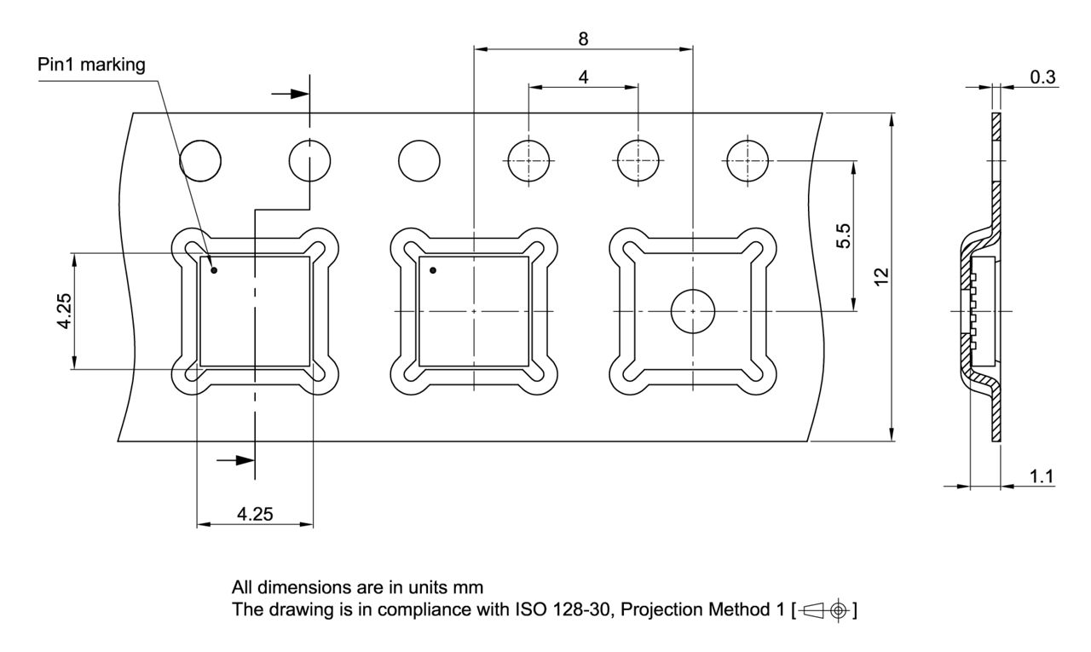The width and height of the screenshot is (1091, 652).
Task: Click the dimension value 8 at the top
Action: tap(583, 38)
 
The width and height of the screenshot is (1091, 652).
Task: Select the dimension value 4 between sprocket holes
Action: tap(583, 76)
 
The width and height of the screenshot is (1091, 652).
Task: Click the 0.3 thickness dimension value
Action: tap(1042, 77)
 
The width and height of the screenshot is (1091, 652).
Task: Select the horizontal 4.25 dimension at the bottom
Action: tap(255, 515)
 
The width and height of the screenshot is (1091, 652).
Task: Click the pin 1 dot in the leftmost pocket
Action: tap(214, 270)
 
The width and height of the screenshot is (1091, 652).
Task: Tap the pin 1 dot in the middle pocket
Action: tap(433, 270)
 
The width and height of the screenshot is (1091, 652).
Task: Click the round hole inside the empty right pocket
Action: tap(692, 311)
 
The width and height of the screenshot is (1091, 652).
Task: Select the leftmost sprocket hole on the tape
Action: tap(200, 160)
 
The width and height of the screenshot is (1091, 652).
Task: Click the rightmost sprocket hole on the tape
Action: tap(748, 160)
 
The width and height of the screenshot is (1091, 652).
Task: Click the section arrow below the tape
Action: tap(236, 460)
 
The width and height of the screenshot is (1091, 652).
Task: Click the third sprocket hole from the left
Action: tap(419, 160)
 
